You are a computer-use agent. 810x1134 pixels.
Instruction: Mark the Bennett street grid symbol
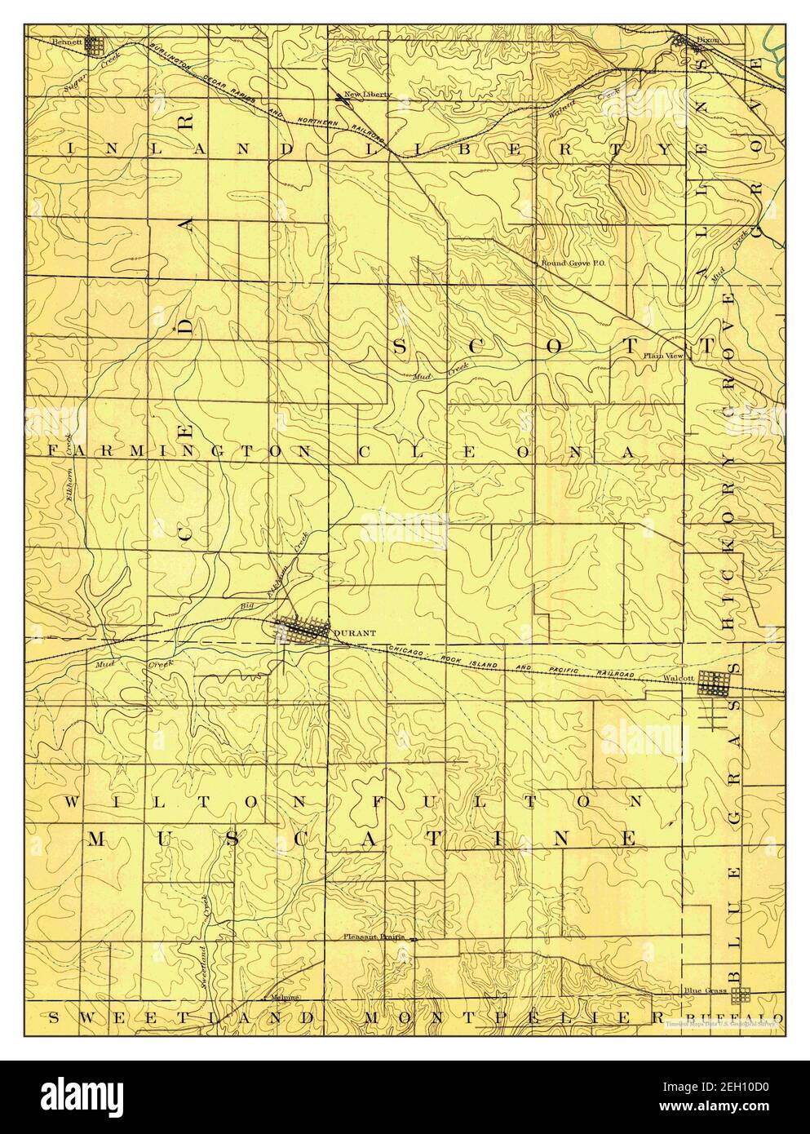[98, 45]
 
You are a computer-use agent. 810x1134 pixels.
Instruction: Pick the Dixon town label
[708, 38]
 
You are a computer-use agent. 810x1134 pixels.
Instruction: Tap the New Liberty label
[368, 95]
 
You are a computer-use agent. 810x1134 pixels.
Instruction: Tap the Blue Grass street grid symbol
[740, 995]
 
